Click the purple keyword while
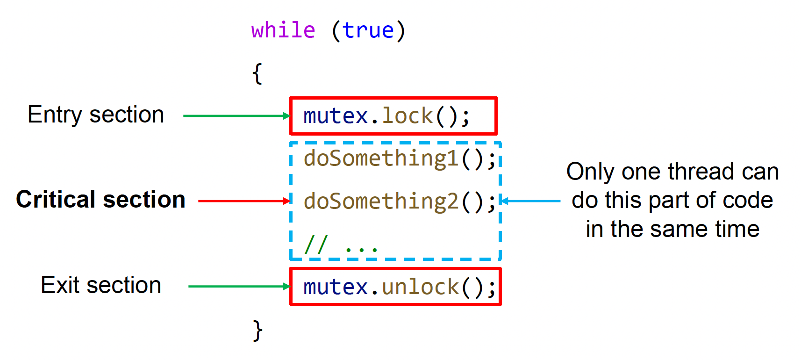[283, 30]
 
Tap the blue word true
[368, 30]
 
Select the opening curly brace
[257, 73]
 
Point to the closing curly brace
[257, 330]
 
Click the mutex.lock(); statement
[386, 116]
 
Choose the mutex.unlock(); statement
[399, 287]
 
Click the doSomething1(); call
[399, 158]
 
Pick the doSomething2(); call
[399, 202]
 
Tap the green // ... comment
[341, 244]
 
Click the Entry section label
[96, 115]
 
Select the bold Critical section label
[100, 200]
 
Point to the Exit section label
[101, 285]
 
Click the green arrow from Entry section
[236, 116]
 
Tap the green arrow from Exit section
[239, 287]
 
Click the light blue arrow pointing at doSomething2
[530, 201]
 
